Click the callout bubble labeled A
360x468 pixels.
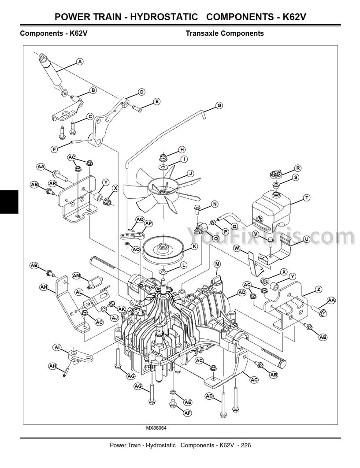79,62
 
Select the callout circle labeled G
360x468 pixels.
219,105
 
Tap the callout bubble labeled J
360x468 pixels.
190,174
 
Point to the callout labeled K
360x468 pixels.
194,246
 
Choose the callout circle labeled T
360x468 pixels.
307,197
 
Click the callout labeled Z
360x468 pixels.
319,289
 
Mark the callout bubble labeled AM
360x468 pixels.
77,276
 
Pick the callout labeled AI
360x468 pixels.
57,347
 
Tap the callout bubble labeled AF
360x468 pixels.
187,413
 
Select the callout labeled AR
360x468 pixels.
53,183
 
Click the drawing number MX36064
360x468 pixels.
156,428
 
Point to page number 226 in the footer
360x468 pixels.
246,446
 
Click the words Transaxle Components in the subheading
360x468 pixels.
225,33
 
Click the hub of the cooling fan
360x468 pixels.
163,189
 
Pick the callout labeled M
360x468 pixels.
217,264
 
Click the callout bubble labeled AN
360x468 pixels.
44,287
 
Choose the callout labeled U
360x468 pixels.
307,239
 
